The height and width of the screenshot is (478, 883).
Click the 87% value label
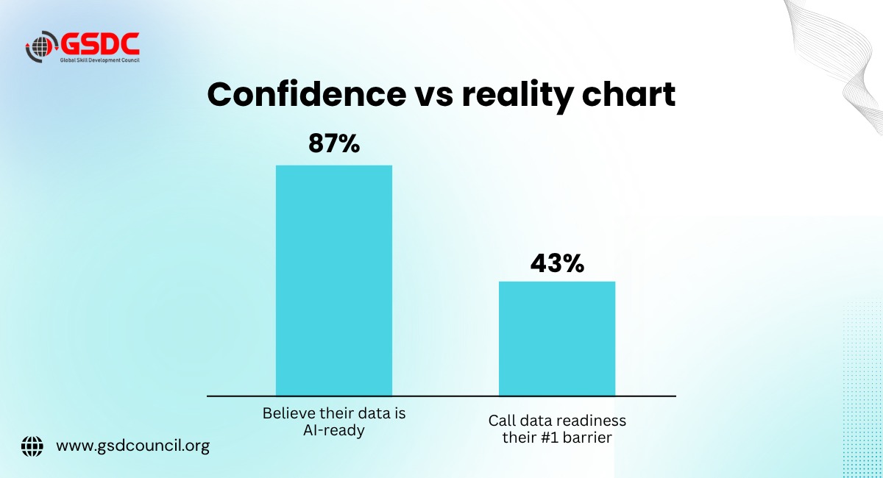point(334,143)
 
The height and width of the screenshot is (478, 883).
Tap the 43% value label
point(557,263)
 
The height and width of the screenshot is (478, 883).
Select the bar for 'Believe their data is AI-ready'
point(334,281)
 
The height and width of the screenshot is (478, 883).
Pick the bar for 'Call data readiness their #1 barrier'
point(557,339)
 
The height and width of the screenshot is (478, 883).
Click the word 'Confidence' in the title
point(307,94)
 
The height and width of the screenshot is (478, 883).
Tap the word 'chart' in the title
point(628,95)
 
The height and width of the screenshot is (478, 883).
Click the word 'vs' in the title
point(434,97)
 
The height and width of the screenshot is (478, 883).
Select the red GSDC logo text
point(100,43)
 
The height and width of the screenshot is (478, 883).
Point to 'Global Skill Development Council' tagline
point(100,60)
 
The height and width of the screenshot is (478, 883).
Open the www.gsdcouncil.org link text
point(133,446)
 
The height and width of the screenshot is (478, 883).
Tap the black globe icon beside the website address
point(32,446)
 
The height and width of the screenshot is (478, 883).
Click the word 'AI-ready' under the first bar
point(334,430)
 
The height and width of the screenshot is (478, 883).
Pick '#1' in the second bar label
point(548,438)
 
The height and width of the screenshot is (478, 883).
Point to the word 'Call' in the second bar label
point(502,421)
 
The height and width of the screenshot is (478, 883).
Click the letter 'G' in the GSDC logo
point(71,43)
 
